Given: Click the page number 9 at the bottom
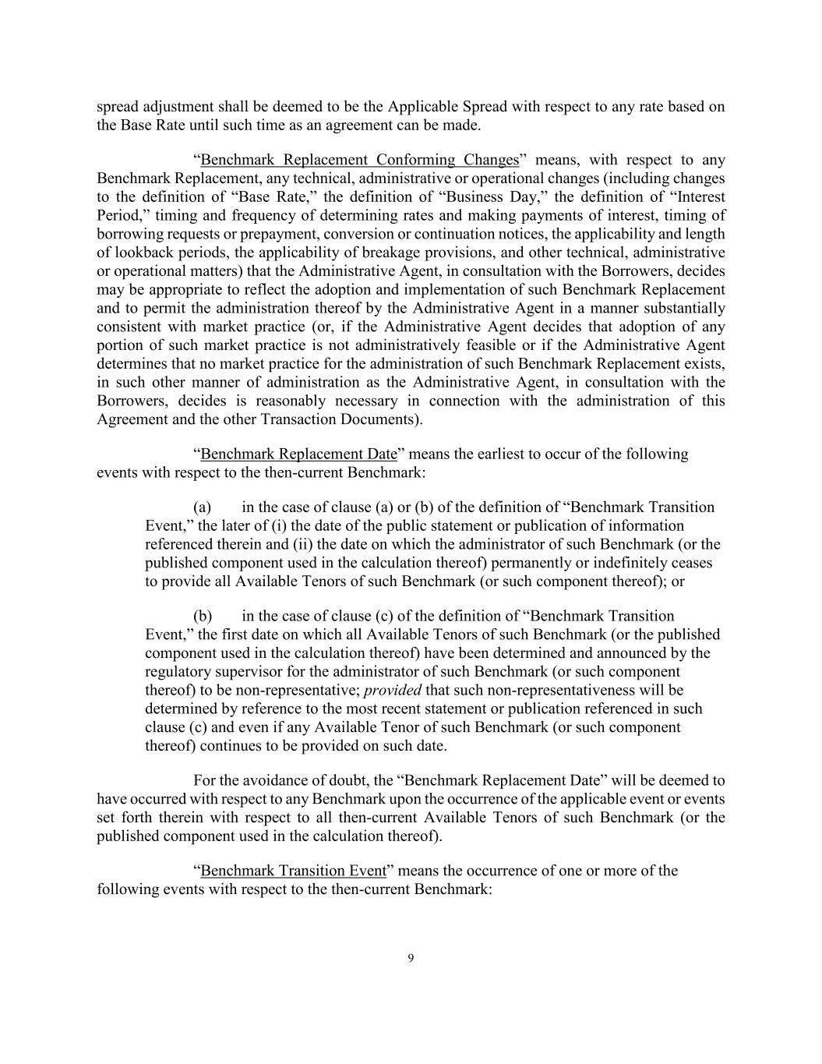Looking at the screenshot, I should coord(411,958).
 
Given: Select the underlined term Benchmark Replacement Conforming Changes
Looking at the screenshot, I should coord(359,160).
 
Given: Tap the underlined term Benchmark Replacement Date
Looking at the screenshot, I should coord(298,454).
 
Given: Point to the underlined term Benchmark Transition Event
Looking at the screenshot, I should coord(293,870).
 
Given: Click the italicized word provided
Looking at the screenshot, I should coord(393,690).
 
